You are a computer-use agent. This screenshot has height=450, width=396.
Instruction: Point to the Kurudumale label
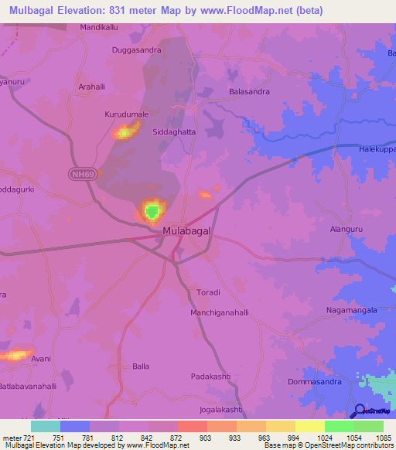[x=127, y=114]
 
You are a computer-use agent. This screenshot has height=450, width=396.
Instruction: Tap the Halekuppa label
[x=377, y=148]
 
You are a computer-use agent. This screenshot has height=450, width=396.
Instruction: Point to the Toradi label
[x=209, y=292]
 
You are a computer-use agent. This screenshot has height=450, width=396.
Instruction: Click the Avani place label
[x=42, y=358]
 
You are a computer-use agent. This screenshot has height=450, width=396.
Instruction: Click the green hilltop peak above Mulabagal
[x=152, y=210]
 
